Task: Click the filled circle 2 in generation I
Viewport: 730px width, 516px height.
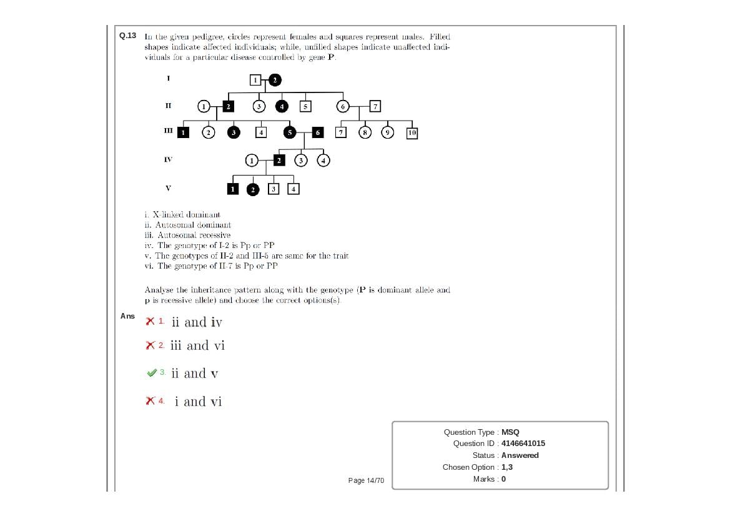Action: (x=275, y=79)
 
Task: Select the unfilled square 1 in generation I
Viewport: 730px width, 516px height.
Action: (x=255, y=79)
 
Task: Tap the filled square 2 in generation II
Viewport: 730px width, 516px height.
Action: (x=229, y=106)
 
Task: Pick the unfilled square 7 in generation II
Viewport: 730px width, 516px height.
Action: (x=375, y=106)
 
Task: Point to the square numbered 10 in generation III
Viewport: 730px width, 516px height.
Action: (x=412, y=132)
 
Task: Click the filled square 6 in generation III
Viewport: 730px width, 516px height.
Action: (x=317, y=132)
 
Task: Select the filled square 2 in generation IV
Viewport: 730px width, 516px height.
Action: (x=279, y=161)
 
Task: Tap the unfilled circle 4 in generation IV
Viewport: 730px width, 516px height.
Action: (x=323, y=161)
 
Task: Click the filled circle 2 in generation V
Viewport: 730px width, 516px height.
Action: (x=252, y=189)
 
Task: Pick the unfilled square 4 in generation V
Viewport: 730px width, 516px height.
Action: (x=293, y=189)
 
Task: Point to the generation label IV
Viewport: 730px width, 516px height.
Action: (x=168, y=160)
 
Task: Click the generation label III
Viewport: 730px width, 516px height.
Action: (x=168, y=131)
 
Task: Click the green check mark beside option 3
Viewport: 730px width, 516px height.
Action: (x=150, y=373)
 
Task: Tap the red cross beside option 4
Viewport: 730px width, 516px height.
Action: (x=150, y=401)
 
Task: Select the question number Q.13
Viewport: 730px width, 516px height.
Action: (x=127, y=36)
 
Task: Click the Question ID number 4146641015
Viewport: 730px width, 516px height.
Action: (x=523, y=444)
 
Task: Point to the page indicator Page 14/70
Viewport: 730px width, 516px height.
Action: (x=366, y=480)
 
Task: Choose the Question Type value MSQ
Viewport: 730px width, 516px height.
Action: (x=510, y=432)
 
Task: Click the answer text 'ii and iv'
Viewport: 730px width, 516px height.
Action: (x=196, y=322)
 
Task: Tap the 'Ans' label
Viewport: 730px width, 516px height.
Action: (x=127, y=316)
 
